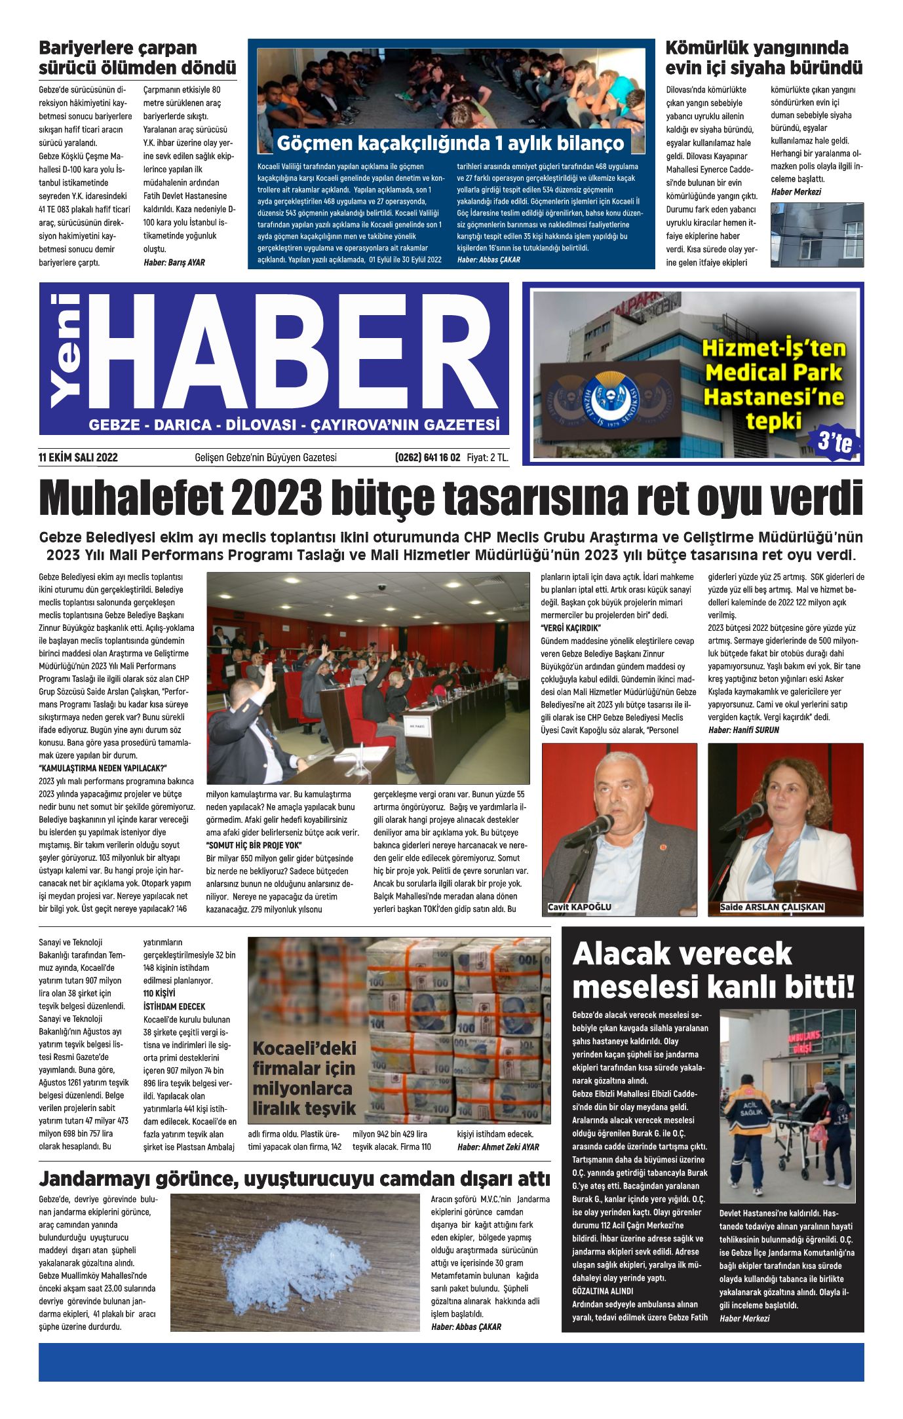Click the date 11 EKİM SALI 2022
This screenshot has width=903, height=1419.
[x=78, y=457]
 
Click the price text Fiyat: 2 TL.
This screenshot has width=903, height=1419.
[x=487, y=457]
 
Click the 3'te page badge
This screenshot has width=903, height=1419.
[x=836, y=443]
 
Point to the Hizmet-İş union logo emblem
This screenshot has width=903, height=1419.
[x=610, y=396]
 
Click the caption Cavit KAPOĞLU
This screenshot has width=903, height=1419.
[x=580, y=907]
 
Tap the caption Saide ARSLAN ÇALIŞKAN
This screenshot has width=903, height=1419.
[x=771, y=907]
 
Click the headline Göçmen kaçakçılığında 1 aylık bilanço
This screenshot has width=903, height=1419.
[x=450, y=143]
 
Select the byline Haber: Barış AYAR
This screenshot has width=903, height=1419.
[x=174, y=263]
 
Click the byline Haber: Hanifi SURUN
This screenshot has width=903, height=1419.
[x=743, y=730]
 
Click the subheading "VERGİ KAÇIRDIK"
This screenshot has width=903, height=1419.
[x=571, y=628]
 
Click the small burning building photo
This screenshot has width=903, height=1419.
[x=817, y=235]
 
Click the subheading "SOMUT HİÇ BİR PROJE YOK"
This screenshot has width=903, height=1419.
[x=254, y=845]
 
